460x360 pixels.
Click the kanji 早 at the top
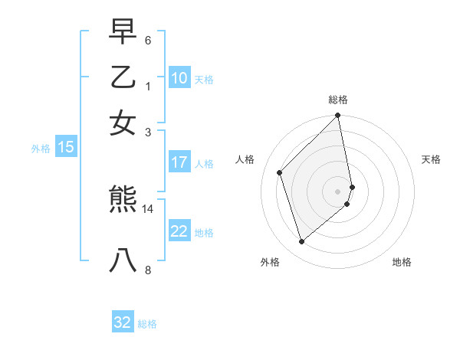123,31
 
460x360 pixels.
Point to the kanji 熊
123,201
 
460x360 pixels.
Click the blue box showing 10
179,78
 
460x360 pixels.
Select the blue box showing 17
179,162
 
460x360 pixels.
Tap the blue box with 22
179,231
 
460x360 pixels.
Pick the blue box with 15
66,148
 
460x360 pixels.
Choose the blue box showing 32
123,322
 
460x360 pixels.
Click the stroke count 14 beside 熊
148,208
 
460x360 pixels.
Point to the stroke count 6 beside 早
147,40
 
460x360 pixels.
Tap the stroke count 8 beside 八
147,269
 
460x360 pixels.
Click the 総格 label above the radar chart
338,100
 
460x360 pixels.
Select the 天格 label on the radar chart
431,159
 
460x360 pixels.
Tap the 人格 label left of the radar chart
245,159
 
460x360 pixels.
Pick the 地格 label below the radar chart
402,262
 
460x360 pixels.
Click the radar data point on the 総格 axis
338,116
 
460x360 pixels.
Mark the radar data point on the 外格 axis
302,242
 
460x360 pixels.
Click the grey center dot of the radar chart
338,190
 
